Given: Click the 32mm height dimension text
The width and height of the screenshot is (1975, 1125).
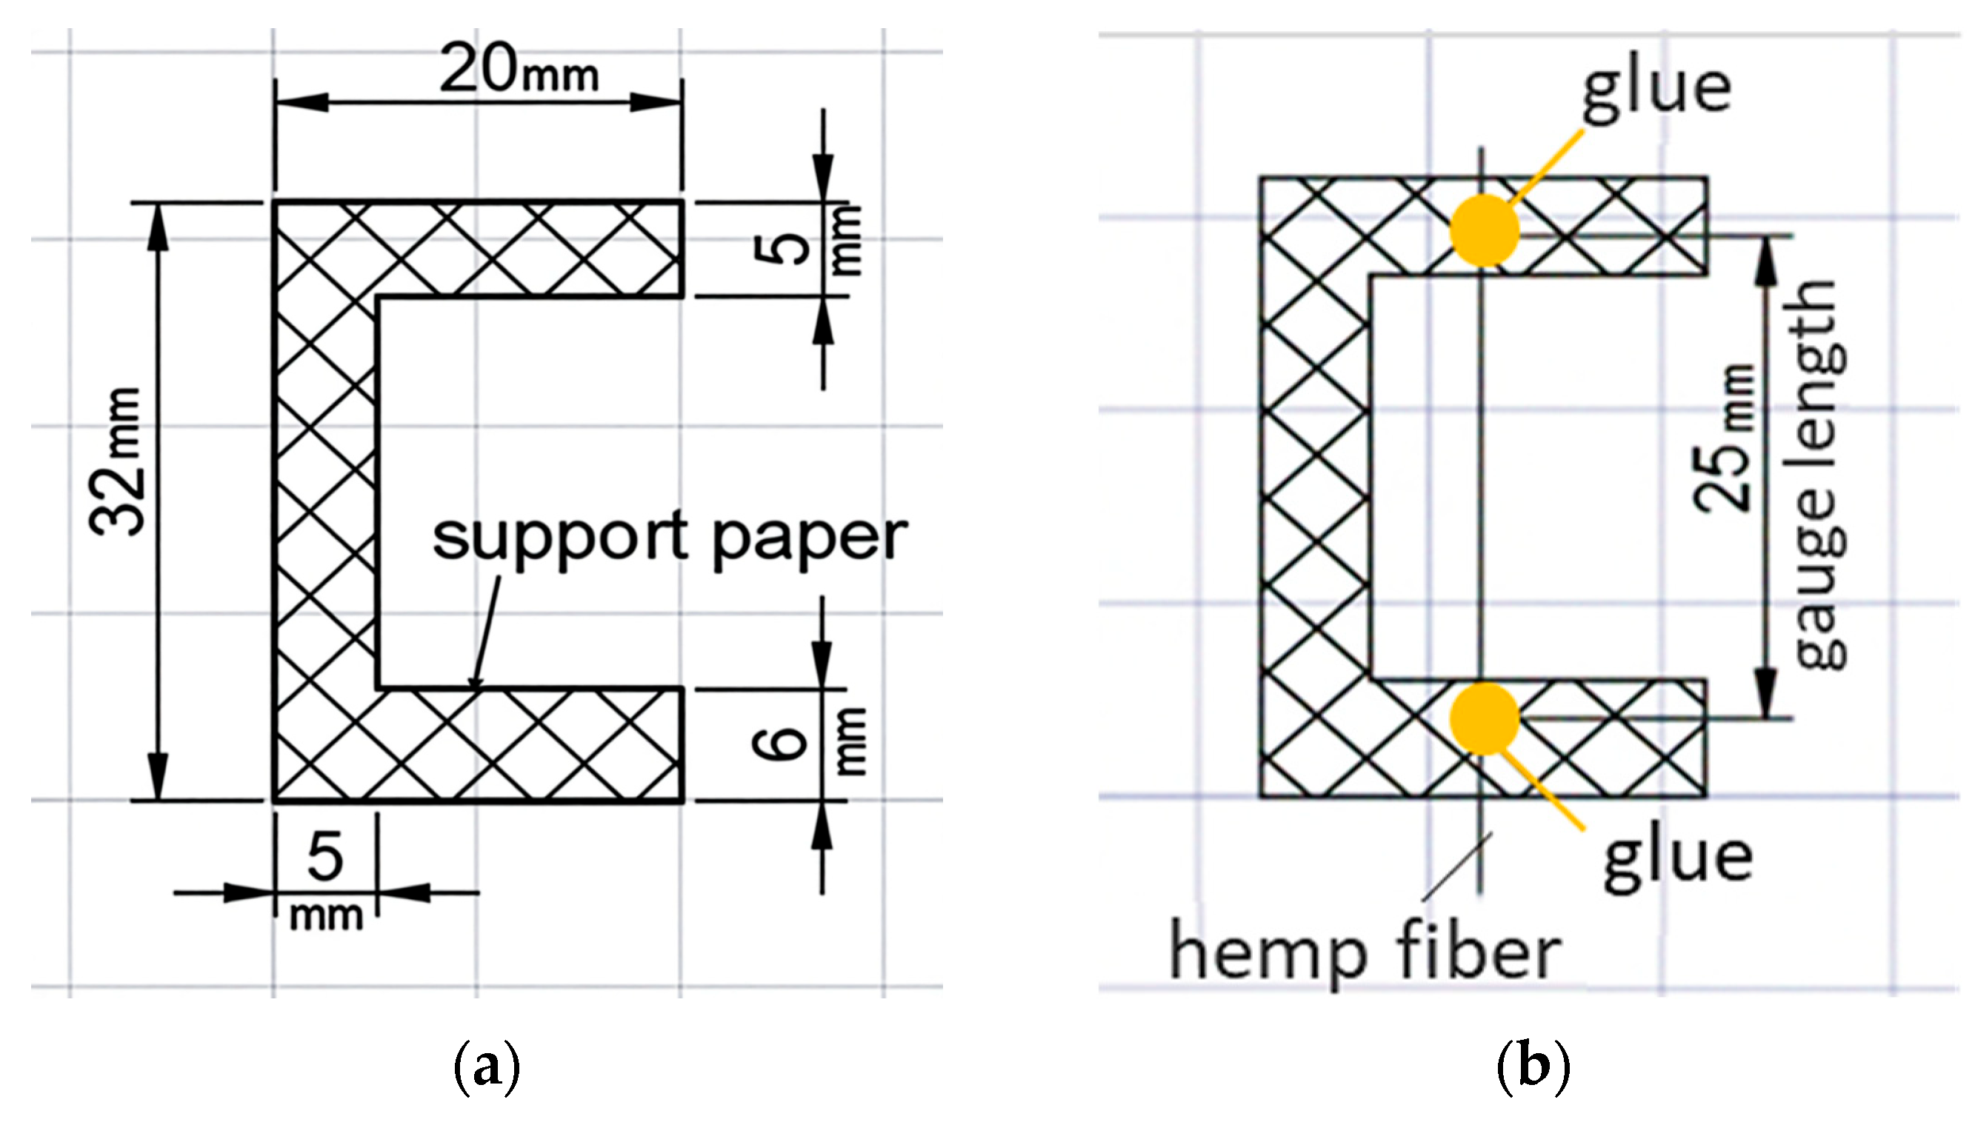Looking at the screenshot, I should pos(116,462).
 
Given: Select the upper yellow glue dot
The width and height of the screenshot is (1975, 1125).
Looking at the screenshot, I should pos(1484,230).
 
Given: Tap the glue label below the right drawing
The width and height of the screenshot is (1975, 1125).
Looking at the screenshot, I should pos(1676,859).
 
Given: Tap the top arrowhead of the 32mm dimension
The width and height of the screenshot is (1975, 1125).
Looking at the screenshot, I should pos(159,225).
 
